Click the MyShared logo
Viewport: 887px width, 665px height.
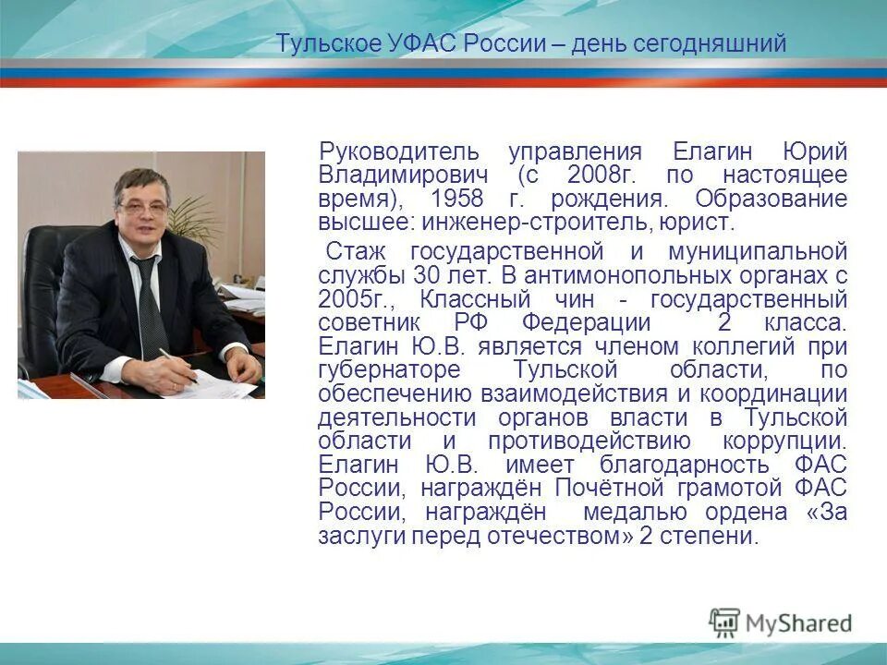click(x=781, y=623)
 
